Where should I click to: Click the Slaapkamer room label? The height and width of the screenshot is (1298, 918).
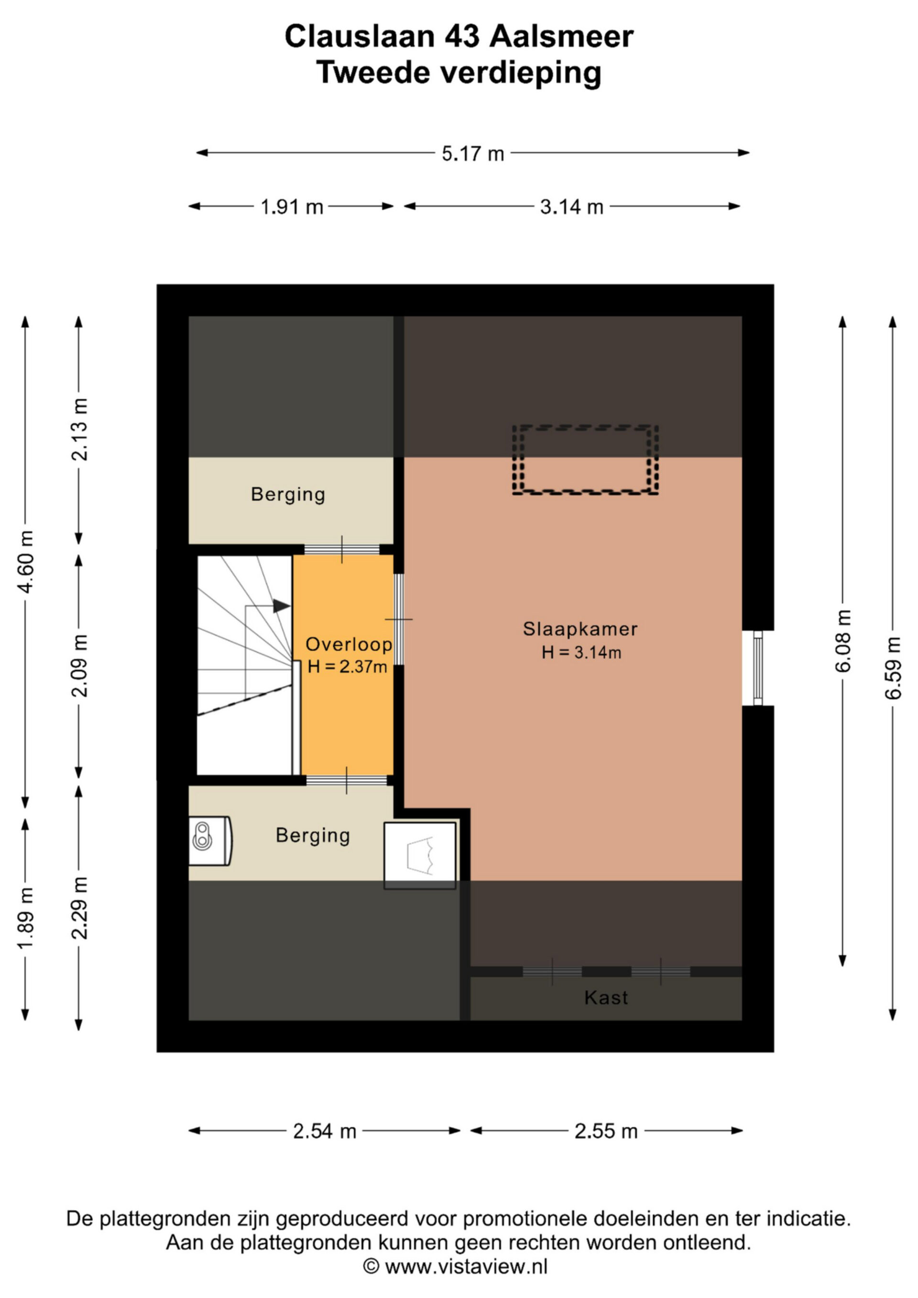point(580,629)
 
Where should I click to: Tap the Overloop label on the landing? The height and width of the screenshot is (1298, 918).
point(349,644)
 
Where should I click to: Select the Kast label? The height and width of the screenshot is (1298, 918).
point(606,998)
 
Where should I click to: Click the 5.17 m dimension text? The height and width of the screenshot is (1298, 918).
point(472,153)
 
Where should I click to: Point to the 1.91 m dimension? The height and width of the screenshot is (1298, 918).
point(291,207)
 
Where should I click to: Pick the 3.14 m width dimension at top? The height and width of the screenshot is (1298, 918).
point(571,207)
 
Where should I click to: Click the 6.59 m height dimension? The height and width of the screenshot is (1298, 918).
point(893,668)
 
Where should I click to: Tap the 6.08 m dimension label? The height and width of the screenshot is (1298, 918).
point(843,641)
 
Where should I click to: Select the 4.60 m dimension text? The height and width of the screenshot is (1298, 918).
point(25,561)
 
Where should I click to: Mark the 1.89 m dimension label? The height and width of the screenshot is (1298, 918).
point(25,919)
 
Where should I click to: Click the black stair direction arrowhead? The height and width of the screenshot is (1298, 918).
point(282,606)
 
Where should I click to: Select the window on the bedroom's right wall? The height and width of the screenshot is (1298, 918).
point(758,668)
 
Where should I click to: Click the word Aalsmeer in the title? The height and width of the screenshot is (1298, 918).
point(561,37)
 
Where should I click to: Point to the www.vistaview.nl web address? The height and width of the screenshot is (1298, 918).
point(466,1266)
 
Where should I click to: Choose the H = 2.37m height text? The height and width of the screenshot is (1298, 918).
point(347,667)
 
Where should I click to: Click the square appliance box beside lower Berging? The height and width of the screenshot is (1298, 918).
point(420,855)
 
